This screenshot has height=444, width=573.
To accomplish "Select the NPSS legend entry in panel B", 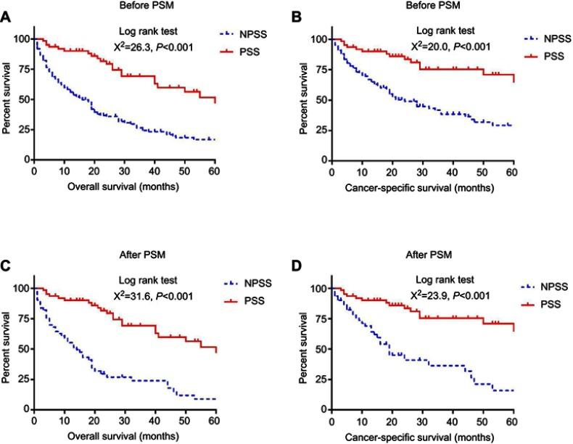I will pyautogui.click(x=536, y=42).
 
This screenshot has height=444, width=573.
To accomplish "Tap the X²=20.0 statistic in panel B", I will pyautogui.click(x=450, y=47).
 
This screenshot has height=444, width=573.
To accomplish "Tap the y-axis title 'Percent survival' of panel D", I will pyautogui.click(x=300, y=348).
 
